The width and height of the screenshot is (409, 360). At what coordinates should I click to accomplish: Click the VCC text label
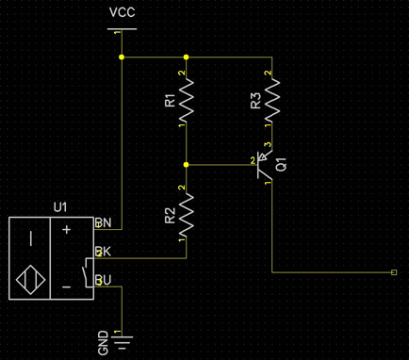tap(122, 12)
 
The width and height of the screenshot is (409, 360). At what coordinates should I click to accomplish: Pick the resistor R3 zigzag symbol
tap(271, 99)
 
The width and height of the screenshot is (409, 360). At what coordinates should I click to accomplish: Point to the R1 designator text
tap(170, 100)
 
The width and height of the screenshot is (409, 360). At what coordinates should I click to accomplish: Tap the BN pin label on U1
tap(104, 224)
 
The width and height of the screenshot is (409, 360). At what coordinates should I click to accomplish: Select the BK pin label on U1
tap(104, 254)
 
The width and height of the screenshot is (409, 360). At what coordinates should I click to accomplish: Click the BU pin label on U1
tap(104, 281)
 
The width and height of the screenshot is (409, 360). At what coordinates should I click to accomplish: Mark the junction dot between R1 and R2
tap(187, 165)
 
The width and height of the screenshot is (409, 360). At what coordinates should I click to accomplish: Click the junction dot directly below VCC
tap(122, 57)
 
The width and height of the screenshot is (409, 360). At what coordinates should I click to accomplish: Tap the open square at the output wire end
tap(393, 272)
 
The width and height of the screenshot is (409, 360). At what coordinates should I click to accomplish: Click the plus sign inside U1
tap(66, 229)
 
